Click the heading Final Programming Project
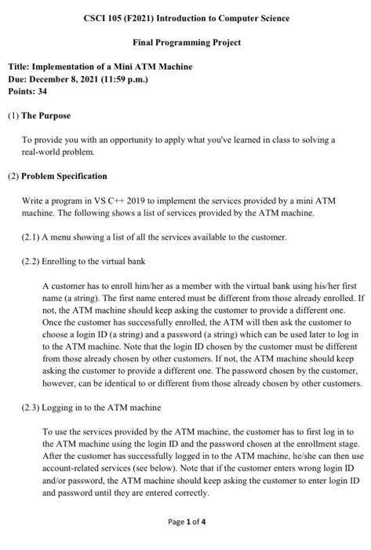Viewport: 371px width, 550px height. click(x=185, y=42)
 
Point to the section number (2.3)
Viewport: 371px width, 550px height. click(x=31, y=407)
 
